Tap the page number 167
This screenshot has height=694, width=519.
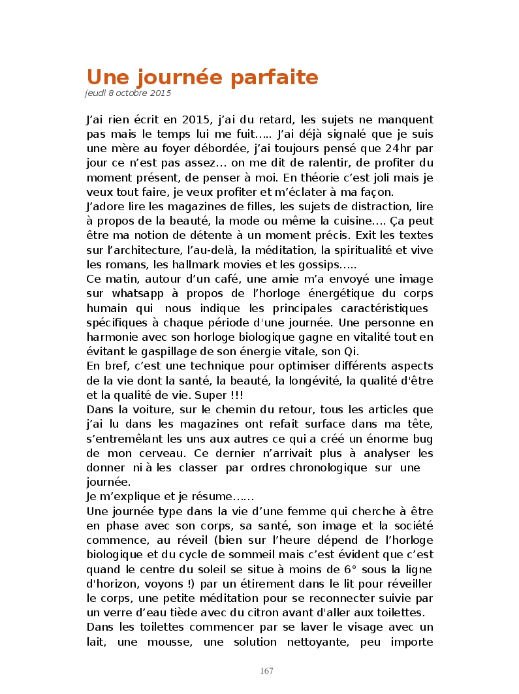[x=266, y=670]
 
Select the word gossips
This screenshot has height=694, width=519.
[x=317, y=265]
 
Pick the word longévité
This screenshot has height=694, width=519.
[x=305, y=381]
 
